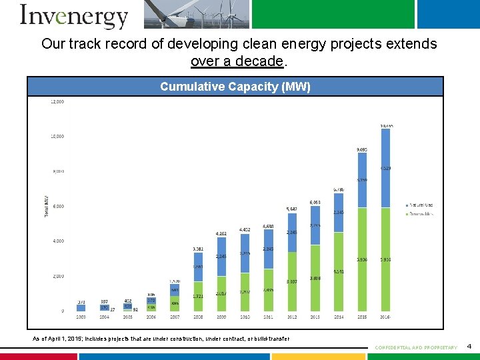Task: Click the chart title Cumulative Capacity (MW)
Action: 235,87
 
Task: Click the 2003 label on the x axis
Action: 81,318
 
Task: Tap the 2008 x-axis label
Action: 199,318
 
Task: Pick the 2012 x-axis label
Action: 292,318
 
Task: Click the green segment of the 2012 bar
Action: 292,281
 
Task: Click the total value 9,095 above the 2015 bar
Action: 362,149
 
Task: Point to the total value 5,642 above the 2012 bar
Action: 292,209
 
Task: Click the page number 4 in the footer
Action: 469,347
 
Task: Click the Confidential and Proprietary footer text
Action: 416,347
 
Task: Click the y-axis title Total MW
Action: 47,206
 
